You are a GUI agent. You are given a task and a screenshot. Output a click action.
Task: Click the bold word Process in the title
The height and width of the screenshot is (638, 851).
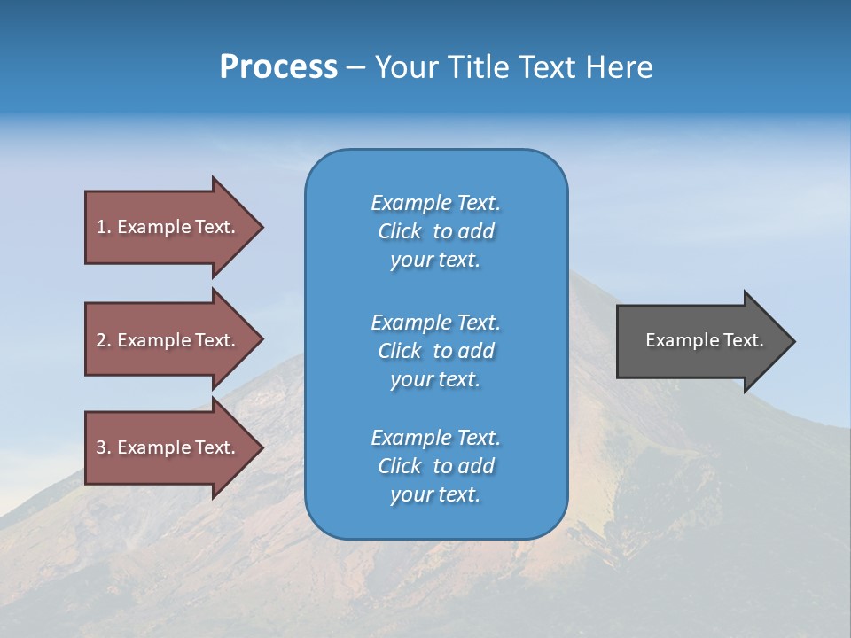pyautogui.click(x=278, y=67)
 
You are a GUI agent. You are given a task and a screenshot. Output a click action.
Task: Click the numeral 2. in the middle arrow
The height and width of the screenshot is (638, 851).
pyautogui.click(x=104, y=340)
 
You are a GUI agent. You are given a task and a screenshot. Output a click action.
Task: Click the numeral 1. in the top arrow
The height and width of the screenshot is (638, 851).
pyautogui.click(x=104, y=227)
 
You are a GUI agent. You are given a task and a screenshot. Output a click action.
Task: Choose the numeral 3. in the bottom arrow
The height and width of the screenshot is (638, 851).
pyautogui.click(x=104, y=447)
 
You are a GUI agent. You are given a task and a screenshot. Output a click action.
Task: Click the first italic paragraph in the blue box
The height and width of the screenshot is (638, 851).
pyautogui.click(x=435, y=231)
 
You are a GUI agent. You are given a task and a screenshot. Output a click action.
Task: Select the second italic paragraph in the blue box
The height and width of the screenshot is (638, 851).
pyautogui.click(x=435, y=350)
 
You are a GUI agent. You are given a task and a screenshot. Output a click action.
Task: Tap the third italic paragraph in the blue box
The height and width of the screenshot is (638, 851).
pyautogui.click(x=435, y=466)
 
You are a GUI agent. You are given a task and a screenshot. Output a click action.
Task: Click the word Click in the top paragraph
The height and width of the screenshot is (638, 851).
pyautogui.click(x=400, y=231)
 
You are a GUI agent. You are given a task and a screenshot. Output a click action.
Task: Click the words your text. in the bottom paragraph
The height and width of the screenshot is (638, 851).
pyautogui.click(x=435, y=494)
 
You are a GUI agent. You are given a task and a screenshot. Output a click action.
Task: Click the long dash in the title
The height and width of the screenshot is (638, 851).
pyautogui.click(x=355, y=67)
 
